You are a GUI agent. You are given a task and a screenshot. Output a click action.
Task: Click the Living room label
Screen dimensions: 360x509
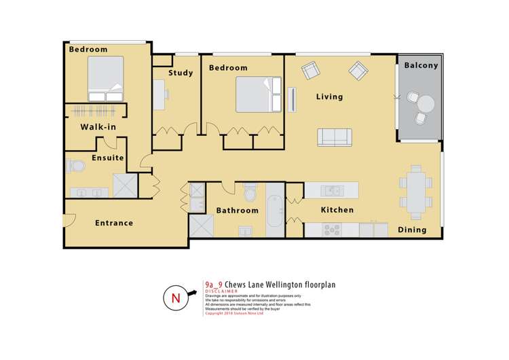330,96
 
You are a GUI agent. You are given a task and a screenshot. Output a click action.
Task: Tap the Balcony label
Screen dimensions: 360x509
421,66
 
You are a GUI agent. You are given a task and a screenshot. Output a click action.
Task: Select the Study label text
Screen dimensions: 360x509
181,73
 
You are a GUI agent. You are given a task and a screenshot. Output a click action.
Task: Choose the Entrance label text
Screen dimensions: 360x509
113,223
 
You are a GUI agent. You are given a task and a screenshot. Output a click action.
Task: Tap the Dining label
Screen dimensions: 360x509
412,230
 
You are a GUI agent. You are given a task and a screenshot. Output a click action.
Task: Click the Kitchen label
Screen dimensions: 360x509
337,210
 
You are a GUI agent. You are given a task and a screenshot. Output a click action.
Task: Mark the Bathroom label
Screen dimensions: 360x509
237,211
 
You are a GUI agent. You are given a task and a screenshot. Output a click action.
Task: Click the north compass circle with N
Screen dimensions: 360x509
174,298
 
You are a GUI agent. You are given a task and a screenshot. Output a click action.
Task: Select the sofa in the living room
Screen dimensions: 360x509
335,137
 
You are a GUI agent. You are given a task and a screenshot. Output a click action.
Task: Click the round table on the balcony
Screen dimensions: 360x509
426,104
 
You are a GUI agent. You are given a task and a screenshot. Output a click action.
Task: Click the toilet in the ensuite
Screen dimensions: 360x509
75,164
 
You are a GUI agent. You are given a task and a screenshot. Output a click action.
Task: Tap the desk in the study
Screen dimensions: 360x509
160,94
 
